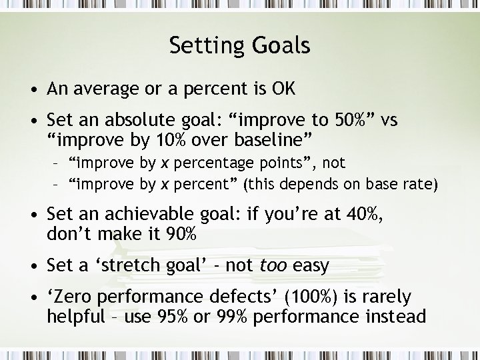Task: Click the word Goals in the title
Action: [283, 45]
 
